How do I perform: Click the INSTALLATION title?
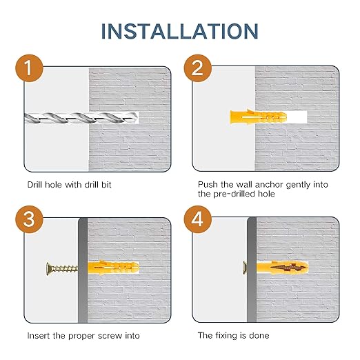point(180,31)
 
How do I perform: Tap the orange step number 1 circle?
point(29,68)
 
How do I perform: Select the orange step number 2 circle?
point(197,68)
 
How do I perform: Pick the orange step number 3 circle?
point(29,219)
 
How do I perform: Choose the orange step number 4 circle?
point(197,219)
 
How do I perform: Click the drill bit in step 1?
point(81,118)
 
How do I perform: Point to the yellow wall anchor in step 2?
point(258,117)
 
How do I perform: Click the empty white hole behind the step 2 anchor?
point(297,117)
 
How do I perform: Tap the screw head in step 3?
point(49,268)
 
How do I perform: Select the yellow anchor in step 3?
point(113,268)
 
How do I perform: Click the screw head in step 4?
point(245,268)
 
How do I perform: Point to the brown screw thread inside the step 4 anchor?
point(289,268)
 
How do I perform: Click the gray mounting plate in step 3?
point(83,270)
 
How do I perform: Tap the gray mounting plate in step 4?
point(252,270)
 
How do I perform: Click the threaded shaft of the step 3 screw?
point(66,268)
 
